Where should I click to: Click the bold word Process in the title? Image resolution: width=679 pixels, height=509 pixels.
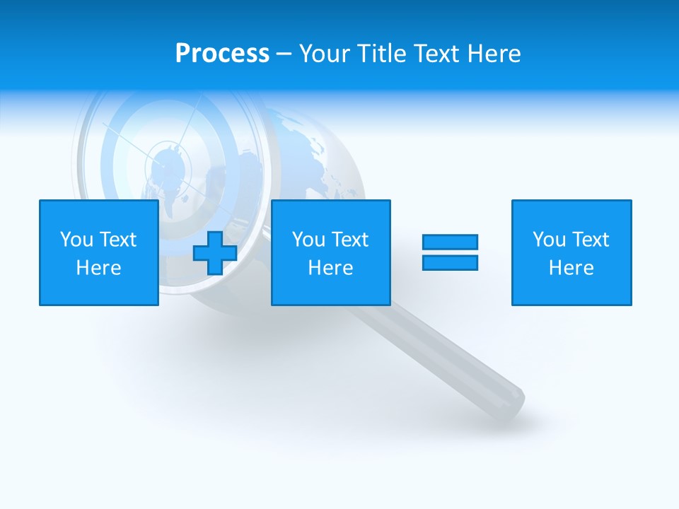pos(222,54)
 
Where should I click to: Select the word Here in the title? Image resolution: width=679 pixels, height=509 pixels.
pos(493,54)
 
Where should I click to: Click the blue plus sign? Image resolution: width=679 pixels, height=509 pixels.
pos(214,252)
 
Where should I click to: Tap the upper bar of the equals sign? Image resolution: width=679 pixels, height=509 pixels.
pos(450,242)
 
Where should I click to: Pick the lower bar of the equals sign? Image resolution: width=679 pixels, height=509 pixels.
pos(450,262)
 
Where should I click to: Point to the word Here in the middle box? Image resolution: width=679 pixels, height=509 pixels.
pos(331,268)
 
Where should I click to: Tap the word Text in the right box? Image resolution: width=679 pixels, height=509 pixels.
pos(590,240)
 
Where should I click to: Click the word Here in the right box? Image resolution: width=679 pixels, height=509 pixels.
pos(571,268)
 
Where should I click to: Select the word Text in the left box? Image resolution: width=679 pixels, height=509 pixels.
pos(117,240)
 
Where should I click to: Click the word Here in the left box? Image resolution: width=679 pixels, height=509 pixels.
pos(99,268)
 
